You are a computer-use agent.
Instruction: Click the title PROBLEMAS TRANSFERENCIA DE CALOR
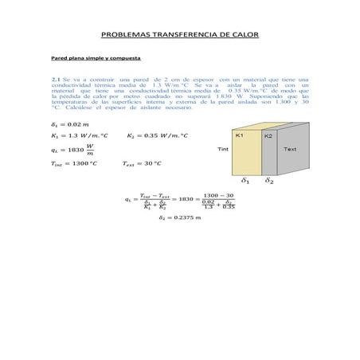tap(180, 36)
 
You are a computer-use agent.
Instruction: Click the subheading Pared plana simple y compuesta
tap(96, 59)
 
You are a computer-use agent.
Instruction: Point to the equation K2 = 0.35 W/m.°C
tap(157, 136)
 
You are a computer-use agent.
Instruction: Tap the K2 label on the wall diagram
tap(268, 136)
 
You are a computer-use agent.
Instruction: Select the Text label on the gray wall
tap(290, 149)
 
